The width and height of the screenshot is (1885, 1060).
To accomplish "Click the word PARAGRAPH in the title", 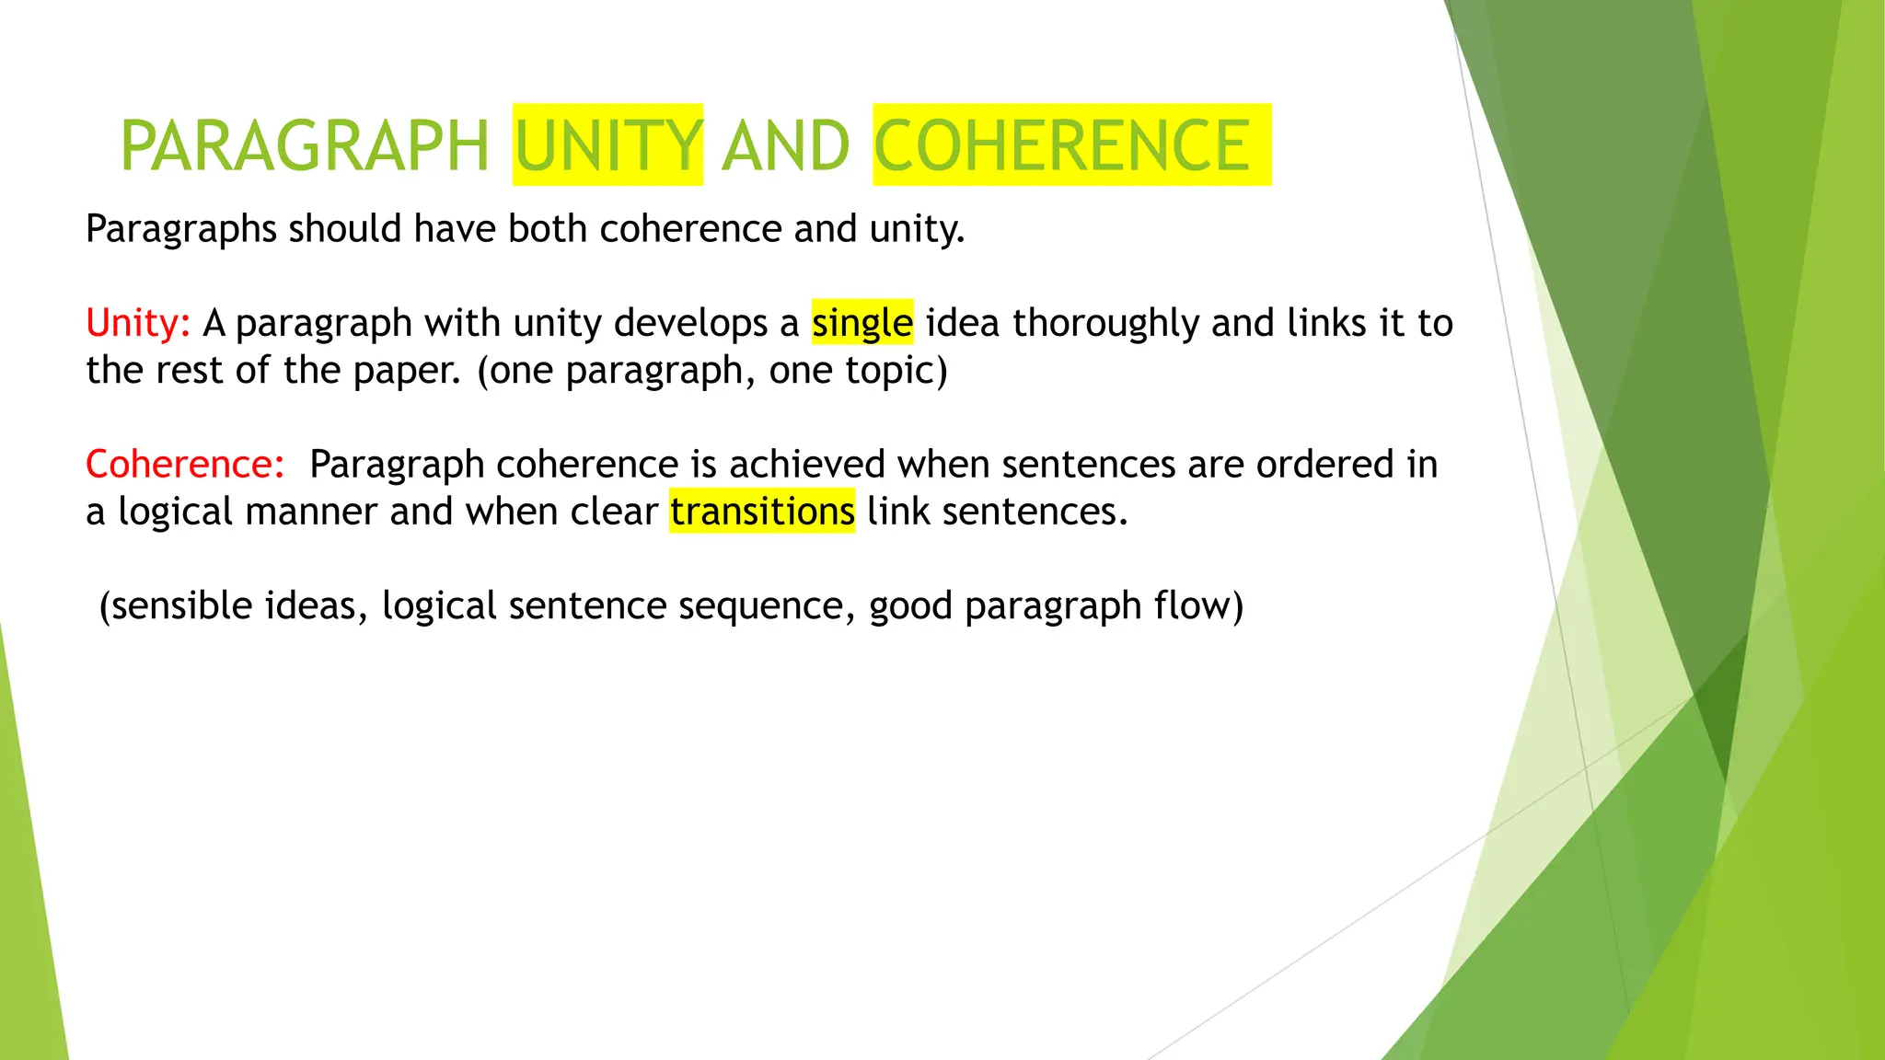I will (x=304, y=146).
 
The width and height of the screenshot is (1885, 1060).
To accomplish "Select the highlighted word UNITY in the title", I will (x=608, y=146).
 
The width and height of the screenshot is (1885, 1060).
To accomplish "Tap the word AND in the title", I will (x=785, y=146).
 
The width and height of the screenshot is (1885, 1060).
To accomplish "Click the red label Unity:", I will (x=138, y=323).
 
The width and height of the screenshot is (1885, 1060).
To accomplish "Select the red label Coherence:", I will (x=185, y=464).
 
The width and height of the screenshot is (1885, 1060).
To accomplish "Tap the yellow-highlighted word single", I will (x=862, y=323).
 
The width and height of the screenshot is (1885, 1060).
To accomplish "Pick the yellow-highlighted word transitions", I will (x=762, y=512).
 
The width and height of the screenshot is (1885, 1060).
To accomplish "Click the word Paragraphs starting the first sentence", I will (x=180, y=229).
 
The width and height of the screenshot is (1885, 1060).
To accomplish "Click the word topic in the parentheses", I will (x=890, y=371).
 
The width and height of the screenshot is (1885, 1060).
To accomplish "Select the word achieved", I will (x=807, y=464).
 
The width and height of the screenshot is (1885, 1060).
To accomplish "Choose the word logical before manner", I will (x=175, y=512).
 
